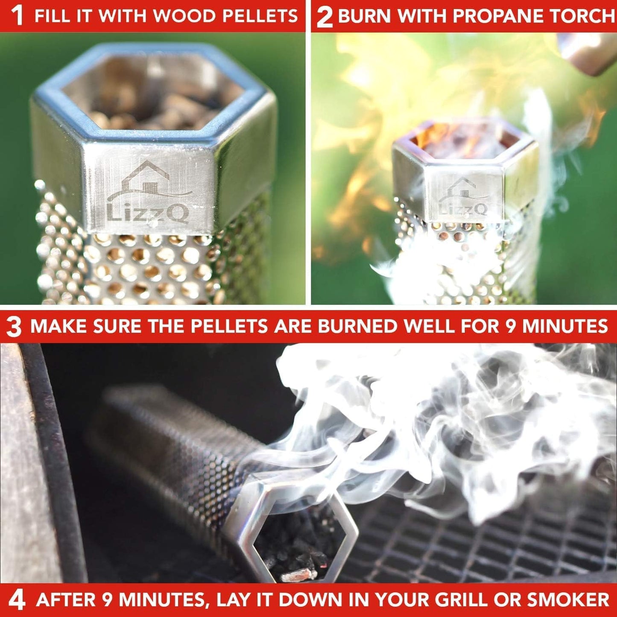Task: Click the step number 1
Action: coord(17,16)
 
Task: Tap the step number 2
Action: coord(325,17)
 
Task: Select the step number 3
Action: coord(14,327)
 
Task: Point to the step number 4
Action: coord(16,600)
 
